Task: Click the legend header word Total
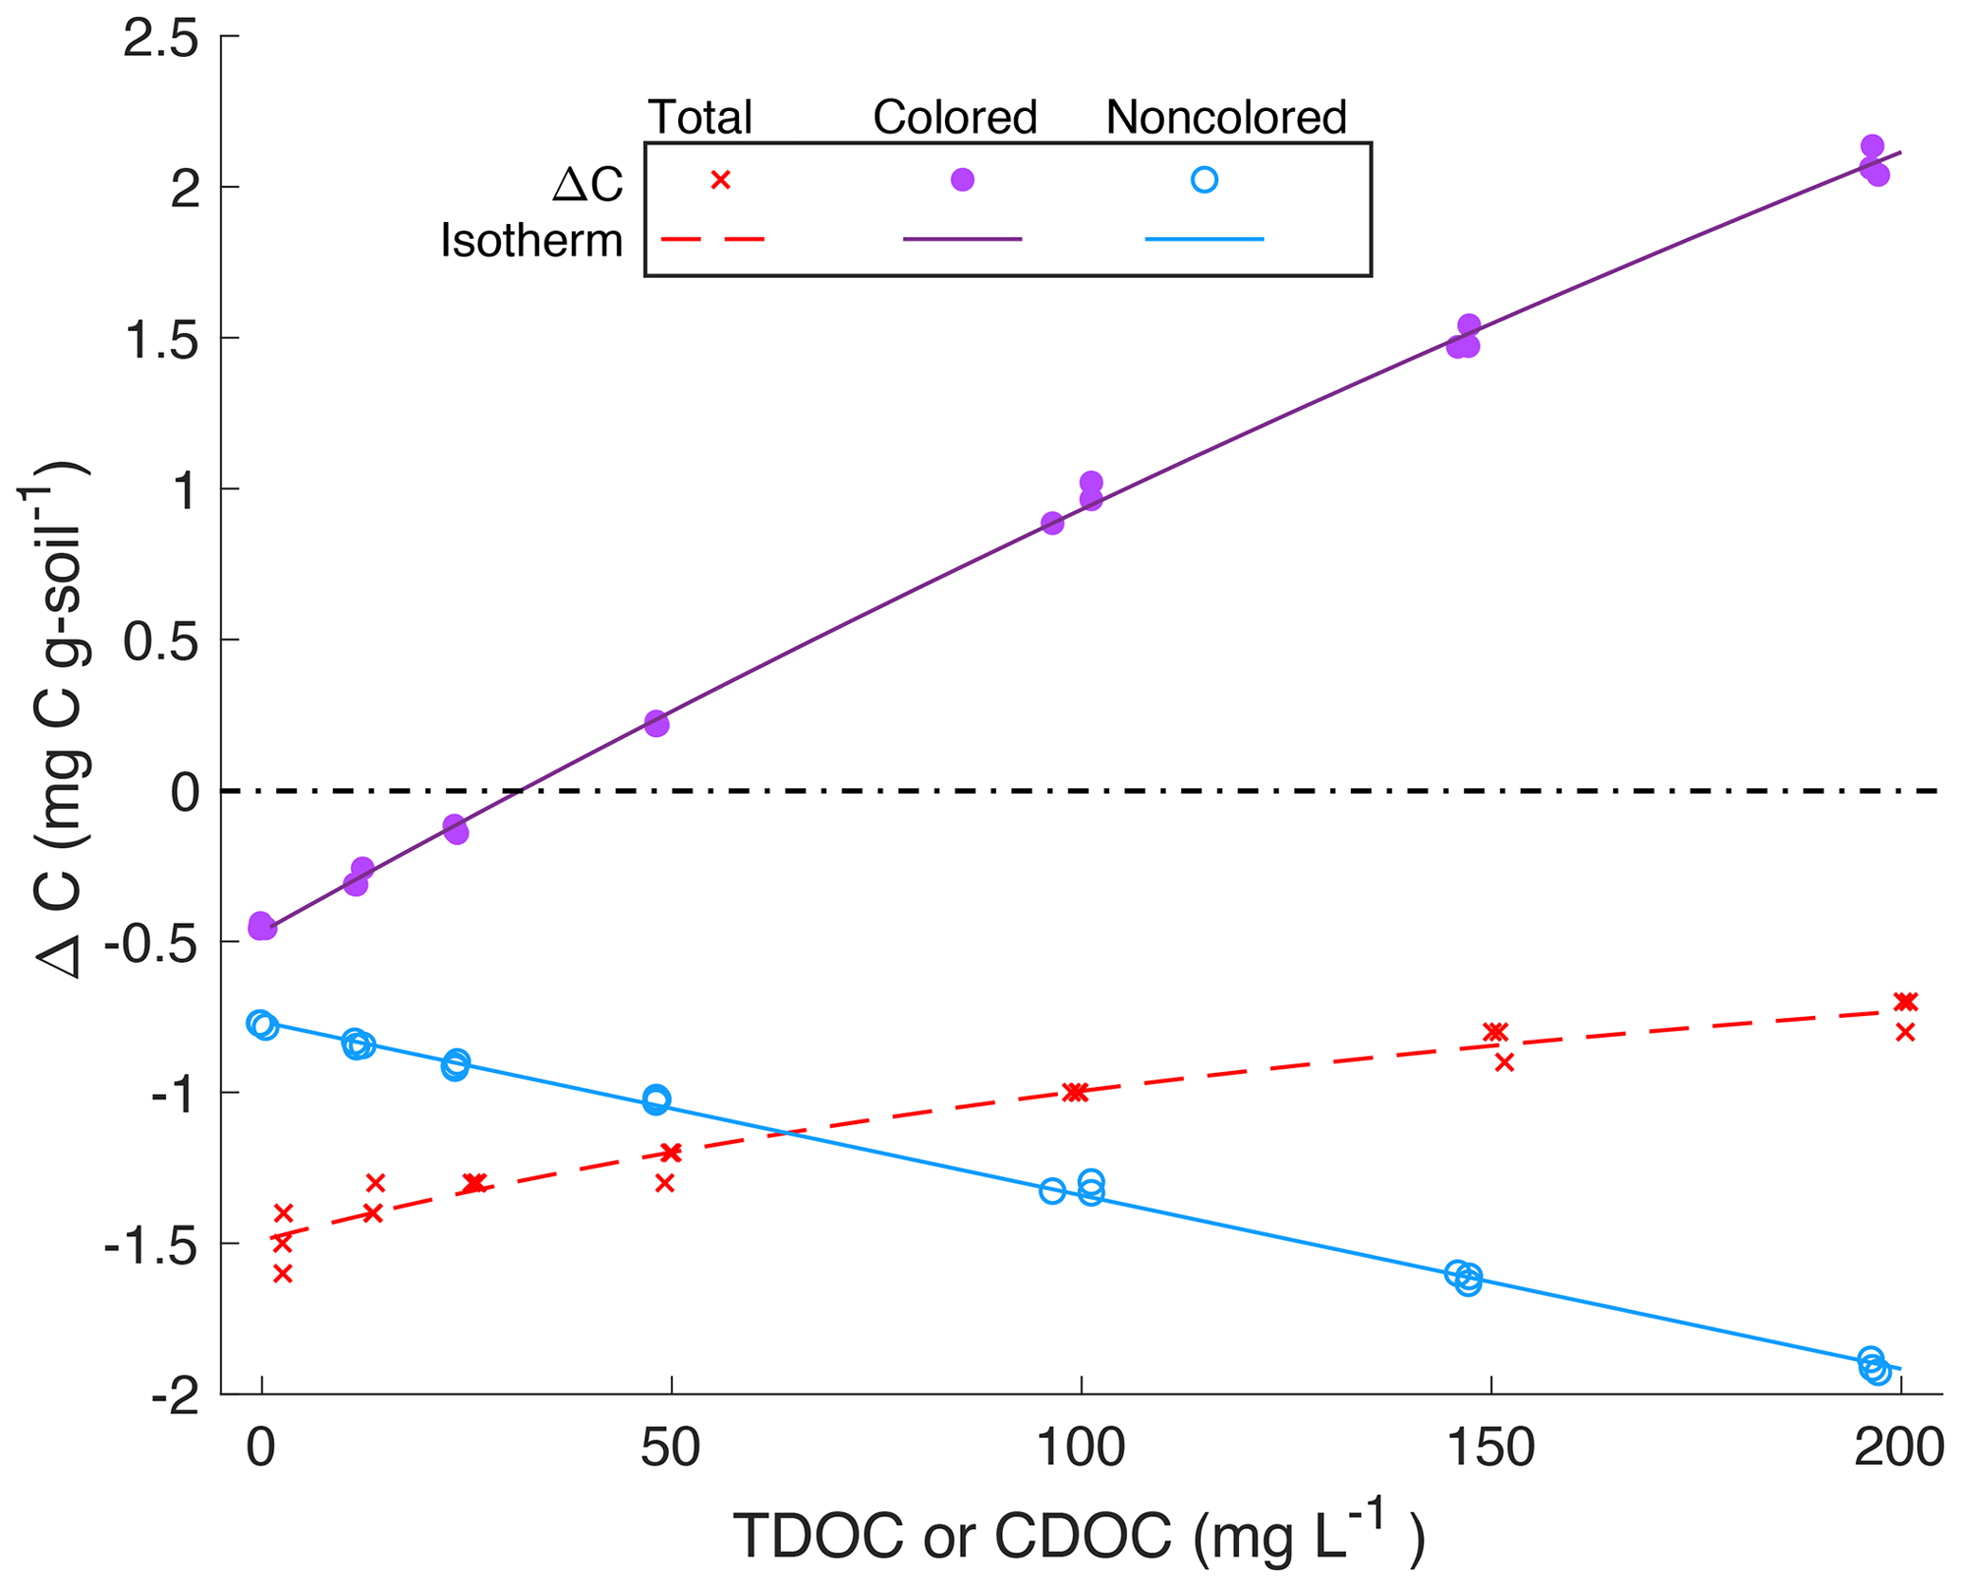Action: pos(700,118)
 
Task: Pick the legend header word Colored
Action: pos(954,118)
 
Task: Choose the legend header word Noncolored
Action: pos(1226,118)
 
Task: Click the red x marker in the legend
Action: pos(721,179)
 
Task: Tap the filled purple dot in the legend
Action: pos(962,179)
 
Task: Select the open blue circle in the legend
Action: pos(1204,179)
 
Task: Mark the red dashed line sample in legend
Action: pos(712,239)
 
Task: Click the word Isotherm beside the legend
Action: pos(531,241)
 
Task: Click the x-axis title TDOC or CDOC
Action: pos(1079,1535)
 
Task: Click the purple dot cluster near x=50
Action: pos(657,724)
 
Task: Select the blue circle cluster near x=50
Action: pos(656,1100)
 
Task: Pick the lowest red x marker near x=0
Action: pos(283,1274)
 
